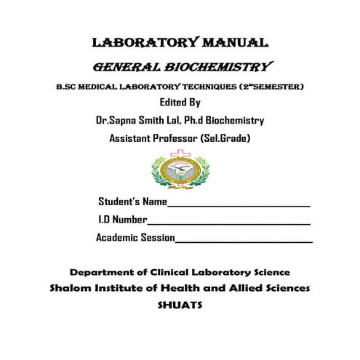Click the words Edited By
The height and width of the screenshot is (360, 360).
click(180, 103)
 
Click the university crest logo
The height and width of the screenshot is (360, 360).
click(179, 170)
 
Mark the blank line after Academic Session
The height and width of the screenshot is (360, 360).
click(244, 241)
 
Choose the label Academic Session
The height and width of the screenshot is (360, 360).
click(135, 237)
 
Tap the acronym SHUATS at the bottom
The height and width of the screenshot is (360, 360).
click(180, 305)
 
